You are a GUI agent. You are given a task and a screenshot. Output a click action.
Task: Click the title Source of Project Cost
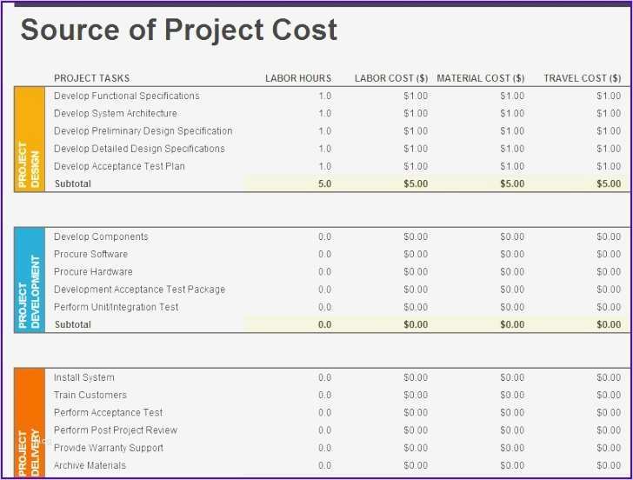click(178, 30)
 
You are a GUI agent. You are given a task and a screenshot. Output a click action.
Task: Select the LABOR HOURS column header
click(298, 78)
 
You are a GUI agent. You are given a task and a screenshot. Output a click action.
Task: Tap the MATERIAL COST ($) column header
click(480, 78)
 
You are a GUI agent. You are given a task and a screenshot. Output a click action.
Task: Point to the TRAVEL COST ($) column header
click(582, 78)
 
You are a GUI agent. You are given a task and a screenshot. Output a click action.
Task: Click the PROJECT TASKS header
click(91, 78)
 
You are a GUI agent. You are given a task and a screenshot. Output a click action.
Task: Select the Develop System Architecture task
click(115, 114)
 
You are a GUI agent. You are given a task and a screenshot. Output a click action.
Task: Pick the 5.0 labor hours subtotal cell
click(324, 184)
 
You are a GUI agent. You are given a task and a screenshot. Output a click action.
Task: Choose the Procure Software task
click(90, 255)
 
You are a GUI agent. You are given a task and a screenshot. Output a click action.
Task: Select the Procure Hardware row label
click(93, 272)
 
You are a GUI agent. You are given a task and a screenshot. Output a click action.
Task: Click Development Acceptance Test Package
click(139, 290)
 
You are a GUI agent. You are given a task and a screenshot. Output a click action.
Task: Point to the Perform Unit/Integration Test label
click(116, 307)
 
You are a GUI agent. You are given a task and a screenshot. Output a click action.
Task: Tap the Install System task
click(83, 377)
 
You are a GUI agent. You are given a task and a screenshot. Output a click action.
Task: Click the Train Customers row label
click(90, 396)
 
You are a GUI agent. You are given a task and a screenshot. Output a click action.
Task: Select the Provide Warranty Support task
click(108, 448)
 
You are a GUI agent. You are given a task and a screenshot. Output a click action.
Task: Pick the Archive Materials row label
click(90, 465)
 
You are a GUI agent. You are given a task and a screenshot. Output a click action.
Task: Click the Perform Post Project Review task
click(115, 430)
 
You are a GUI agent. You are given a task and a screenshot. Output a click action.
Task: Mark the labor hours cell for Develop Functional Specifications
click(324, 97)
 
